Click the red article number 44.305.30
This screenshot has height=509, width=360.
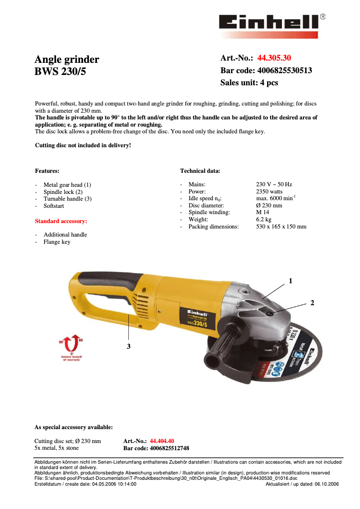pos(274,58)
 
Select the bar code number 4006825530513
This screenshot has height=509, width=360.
pos(285,70)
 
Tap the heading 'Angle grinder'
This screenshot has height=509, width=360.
pos(67,60)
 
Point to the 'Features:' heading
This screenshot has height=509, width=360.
pos(47,171)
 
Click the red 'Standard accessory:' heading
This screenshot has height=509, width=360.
pos(61,221)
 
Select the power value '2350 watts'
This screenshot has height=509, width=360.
pos(269,191)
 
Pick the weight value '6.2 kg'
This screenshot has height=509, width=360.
pos(263,219)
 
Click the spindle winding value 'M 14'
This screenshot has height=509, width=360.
pos(263,212)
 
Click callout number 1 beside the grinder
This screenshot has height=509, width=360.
pos(290,281)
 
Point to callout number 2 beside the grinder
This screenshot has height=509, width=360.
pos(312,303)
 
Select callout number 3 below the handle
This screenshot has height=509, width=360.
pos(128,346)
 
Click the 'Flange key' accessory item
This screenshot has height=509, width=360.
pos(57,242)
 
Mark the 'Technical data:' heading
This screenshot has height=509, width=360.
pos(200,171)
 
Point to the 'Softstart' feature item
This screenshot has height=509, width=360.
pos(53,206)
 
